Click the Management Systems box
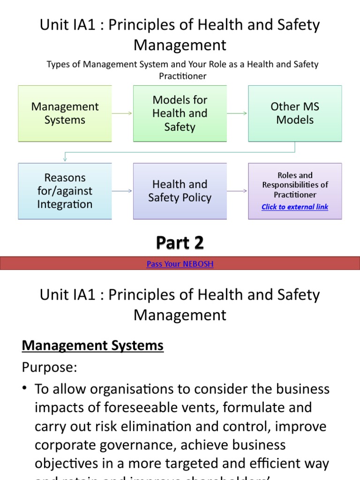point(65,113)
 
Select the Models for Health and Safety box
point(180,113)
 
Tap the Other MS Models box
point(295,113)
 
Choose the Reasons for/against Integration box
point(65,191)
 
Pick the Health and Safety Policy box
point(180,191)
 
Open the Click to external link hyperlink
point(295,207)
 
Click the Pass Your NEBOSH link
point(180,264)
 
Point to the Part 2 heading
point(180,243)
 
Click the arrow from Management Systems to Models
point(122,113)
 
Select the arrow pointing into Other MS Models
point(238,113)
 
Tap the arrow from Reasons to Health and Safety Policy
point(122,191)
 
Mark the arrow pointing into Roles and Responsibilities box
point(238,191)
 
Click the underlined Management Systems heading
point(93,346)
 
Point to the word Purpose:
point(49,367)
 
